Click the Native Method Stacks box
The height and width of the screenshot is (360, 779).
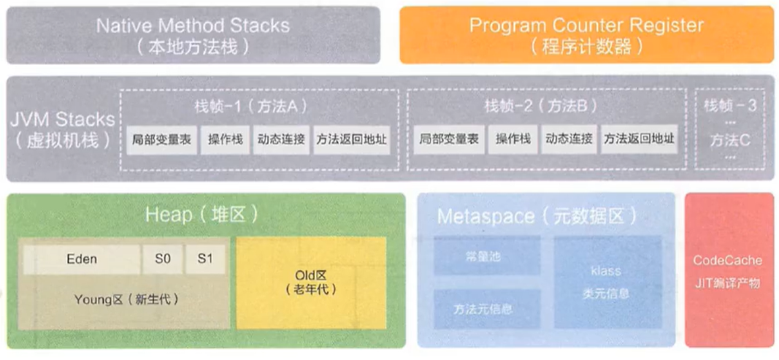pyautogui.click(x=193, y=35)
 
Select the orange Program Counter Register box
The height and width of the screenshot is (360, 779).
pyautogui.click(x=586, y=35)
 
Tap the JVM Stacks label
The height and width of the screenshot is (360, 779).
pyautogui.click(x=62, y=129)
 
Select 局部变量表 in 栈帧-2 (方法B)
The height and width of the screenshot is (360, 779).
pyautogui.click(x=449, y=139)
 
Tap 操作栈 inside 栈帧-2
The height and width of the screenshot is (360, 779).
pyautogui.click(x=513, y=139)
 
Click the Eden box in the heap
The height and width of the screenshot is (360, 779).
pyautogui.click(x=81, y=259)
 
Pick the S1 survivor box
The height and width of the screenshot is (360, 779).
pyautogui.click(x=205, y=259)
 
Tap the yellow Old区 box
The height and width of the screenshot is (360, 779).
pyautogui.click(x=310, y=281)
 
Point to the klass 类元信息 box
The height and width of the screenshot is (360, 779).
pyautogui.click(x=606, y=282)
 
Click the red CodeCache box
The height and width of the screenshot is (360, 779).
pyautogui.click(x=727, y=270)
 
